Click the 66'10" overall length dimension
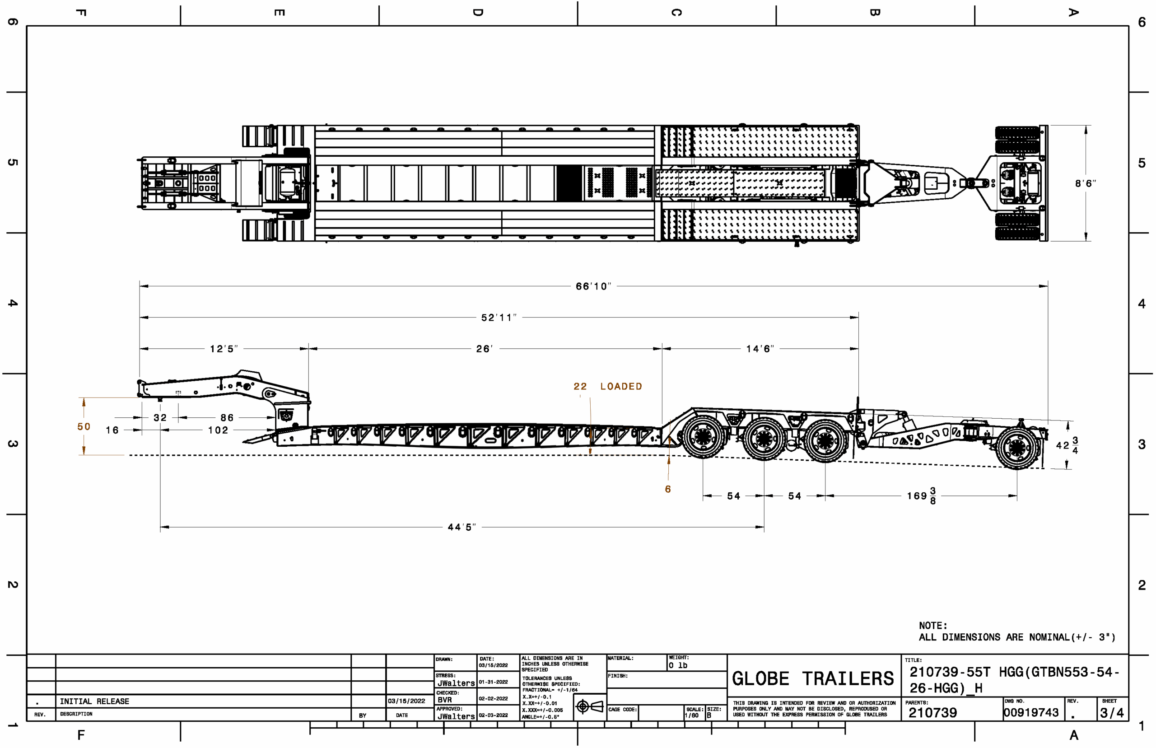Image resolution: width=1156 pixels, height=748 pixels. click(x=593, y=286)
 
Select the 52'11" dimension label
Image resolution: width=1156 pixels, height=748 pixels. click(x=499, y=317)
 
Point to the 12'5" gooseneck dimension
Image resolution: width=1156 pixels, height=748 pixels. click(x=224, y=349)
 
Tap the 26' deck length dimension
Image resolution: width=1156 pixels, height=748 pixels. click(x=484, y=349)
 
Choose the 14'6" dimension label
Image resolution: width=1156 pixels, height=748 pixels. click(x=760, y=349)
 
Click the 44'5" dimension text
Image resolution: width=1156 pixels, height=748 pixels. click(x=461, y=527)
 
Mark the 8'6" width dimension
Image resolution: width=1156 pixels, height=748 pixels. click(x=1085, y=183)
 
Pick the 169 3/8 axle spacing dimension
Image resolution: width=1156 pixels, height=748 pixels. click(x=921, y=496)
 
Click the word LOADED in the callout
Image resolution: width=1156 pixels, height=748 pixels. click(x=621, y=386)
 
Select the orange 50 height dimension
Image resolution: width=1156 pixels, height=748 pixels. click(x=84, y=426)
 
